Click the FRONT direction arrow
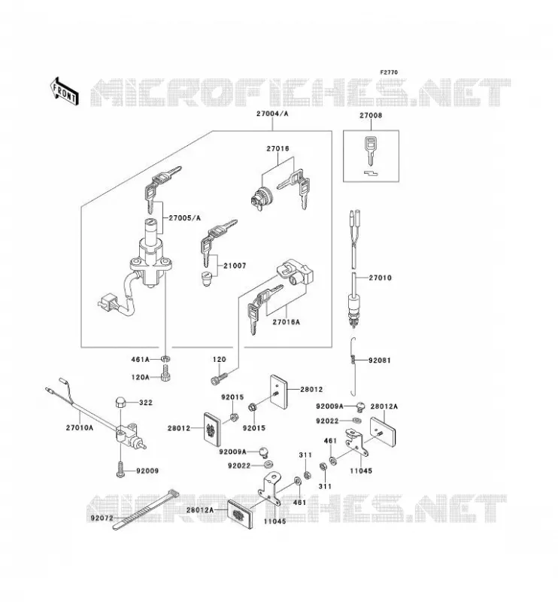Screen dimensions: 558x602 (65, 91)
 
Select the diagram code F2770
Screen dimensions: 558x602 (389, 72)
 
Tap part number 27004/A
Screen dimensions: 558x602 (272, 114)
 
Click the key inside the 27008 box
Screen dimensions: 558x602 (370, 150)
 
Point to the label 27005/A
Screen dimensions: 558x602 (184, 218)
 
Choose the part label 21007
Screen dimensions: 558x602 (235, 266)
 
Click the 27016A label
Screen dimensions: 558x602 (287, 322)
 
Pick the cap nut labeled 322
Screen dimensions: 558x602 (120, 403)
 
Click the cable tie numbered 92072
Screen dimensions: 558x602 (145, 509)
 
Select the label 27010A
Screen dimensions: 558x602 (80, 427)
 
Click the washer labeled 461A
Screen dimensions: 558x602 (165, 360)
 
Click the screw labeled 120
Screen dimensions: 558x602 (219, 379)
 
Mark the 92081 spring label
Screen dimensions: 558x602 (380, 360)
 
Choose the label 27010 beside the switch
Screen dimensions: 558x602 (381, 278)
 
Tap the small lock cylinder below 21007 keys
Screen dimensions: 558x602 (208, 279)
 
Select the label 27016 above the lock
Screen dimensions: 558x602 (277, 148)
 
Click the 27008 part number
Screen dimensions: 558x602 (371, 115)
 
